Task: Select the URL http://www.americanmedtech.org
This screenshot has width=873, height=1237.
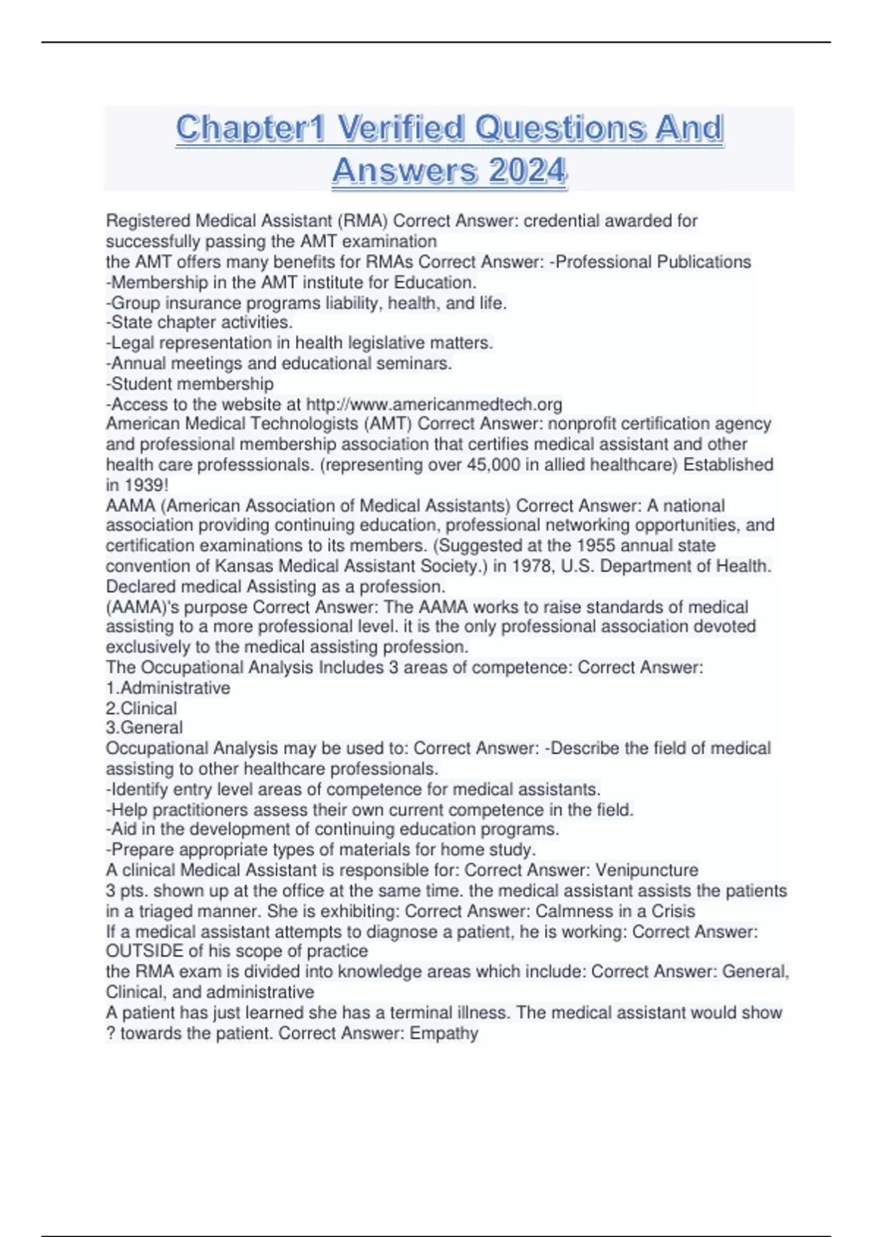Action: point(434,405)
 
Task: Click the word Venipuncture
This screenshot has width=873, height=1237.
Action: point(647,870)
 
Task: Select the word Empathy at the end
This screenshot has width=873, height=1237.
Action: point(444,1033)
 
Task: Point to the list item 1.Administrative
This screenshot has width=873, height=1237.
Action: point(168,688)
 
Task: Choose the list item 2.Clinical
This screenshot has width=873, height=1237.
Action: point(141,709)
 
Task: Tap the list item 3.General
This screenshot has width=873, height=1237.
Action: point(144,728)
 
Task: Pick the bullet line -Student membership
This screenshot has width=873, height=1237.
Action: point(190,384)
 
